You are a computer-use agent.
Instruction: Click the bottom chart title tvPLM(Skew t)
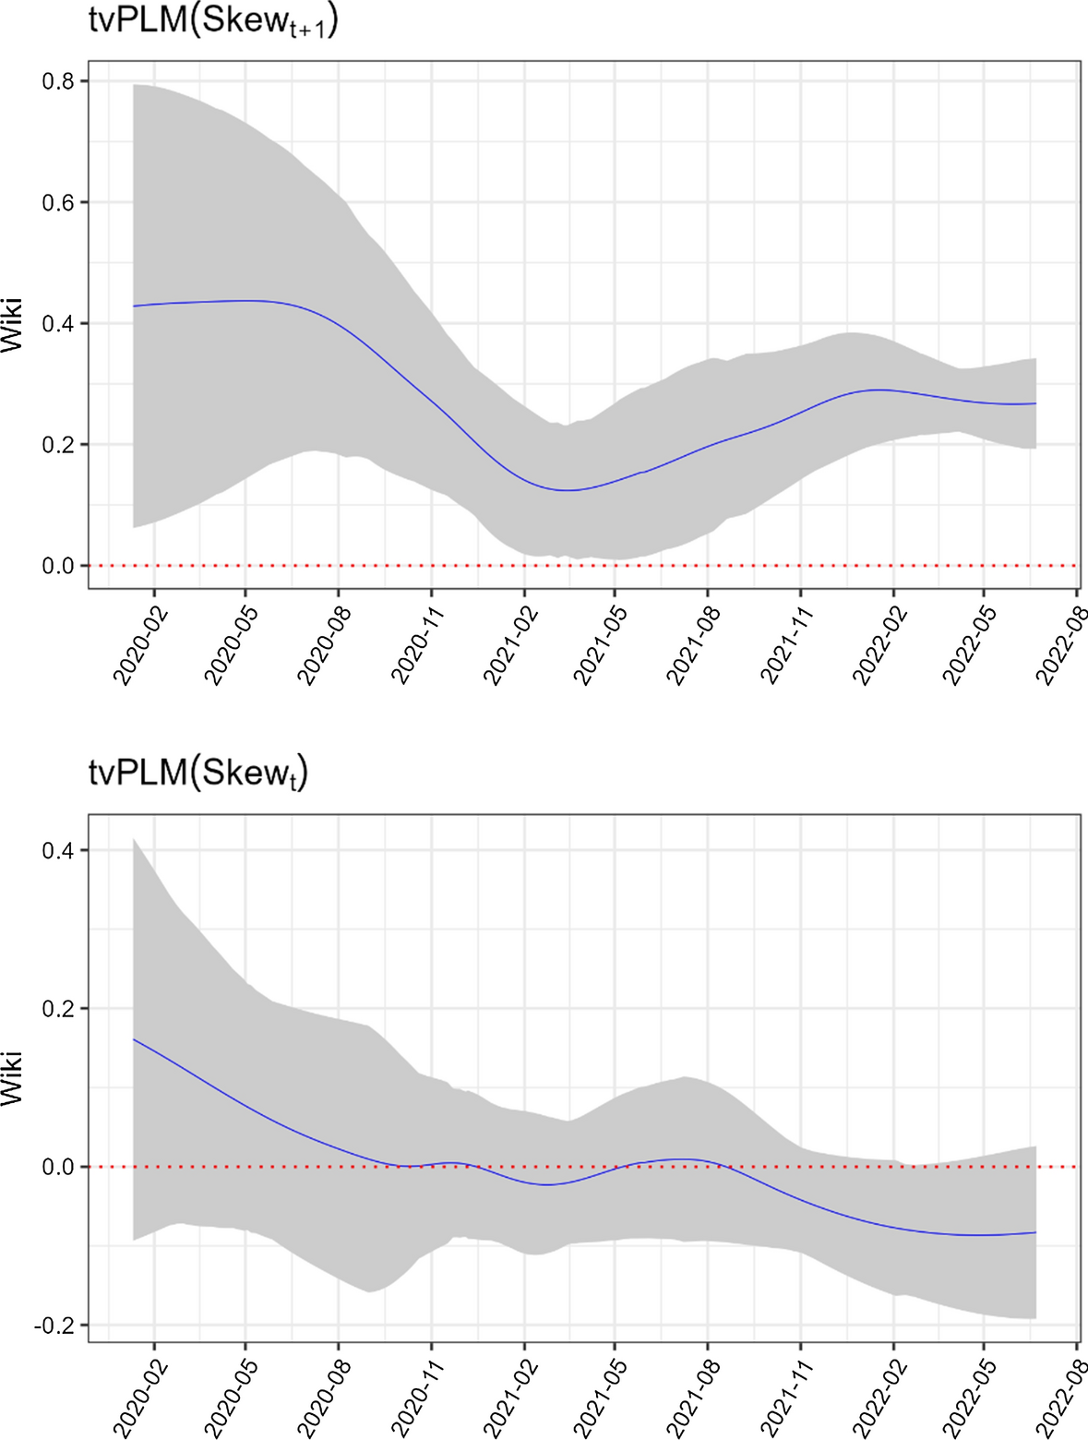197,774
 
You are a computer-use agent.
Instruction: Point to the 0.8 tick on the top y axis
58,81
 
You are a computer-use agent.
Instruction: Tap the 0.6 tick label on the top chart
58,202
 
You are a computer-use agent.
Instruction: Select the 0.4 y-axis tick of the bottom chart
58,850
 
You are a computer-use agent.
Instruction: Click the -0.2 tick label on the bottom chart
55,1326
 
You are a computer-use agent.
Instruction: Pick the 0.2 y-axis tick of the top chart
58,445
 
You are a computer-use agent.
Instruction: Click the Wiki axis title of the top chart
13,325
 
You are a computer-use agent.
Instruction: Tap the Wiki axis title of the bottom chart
13,1077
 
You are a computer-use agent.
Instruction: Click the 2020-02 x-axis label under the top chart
137,645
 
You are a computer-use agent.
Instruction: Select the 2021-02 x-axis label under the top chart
507,645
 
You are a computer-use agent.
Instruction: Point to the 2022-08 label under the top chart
1060,645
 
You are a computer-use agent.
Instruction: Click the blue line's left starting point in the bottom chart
134,1039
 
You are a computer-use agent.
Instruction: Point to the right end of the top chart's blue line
1036,403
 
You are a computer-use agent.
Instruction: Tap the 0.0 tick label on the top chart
58,566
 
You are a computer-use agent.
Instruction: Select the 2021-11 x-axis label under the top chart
783,645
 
